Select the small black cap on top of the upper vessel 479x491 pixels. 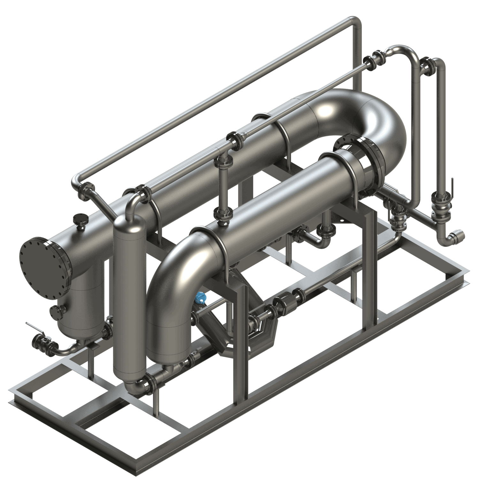pyautogui.click(x=79, y=220)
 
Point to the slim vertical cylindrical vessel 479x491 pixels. pyautogui.click(x=130, y=288)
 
